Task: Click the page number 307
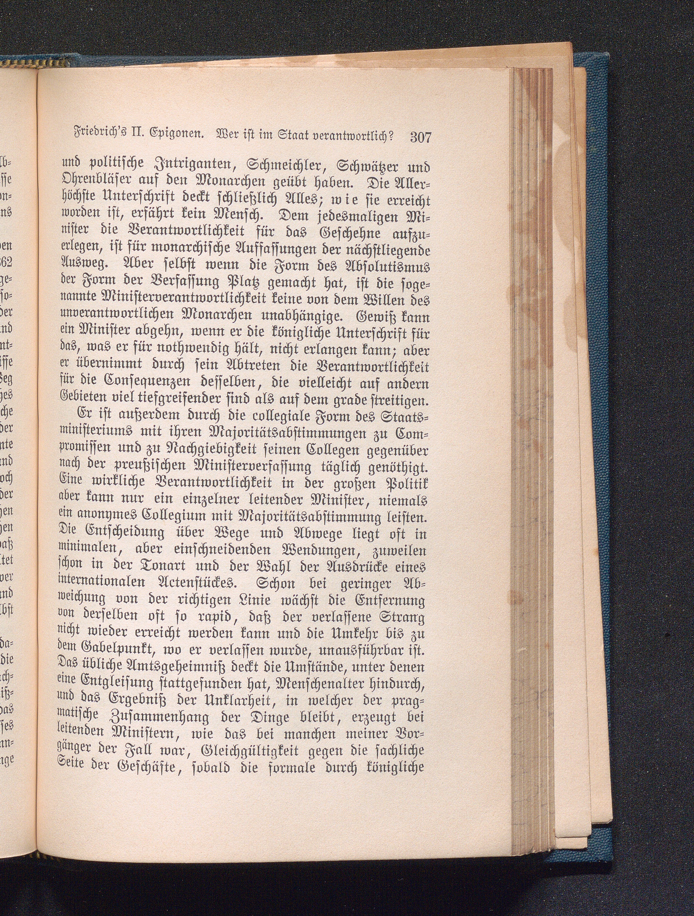[420, 137]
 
